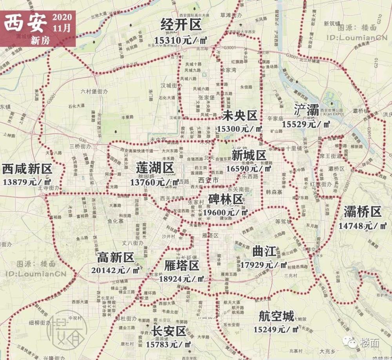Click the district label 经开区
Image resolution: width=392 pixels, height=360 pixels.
[181, 25]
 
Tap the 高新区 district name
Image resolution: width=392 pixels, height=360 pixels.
[116, 257]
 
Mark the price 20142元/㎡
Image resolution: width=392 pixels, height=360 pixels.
[116, 270]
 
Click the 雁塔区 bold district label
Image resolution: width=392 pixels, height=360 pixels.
[182, 266]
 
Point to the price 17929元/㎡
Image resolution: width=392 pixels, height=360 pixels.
[264, 265]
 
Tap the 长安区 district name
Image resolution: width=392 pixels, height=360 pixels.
[169, 331]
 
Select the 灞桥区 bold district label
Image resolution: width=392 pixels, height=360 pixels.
[362, 212]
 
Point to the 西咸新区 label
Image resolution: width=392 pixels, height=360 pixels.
[27, 169]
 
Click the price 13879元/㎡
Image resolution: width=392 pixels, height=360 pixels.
[27, 182]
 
